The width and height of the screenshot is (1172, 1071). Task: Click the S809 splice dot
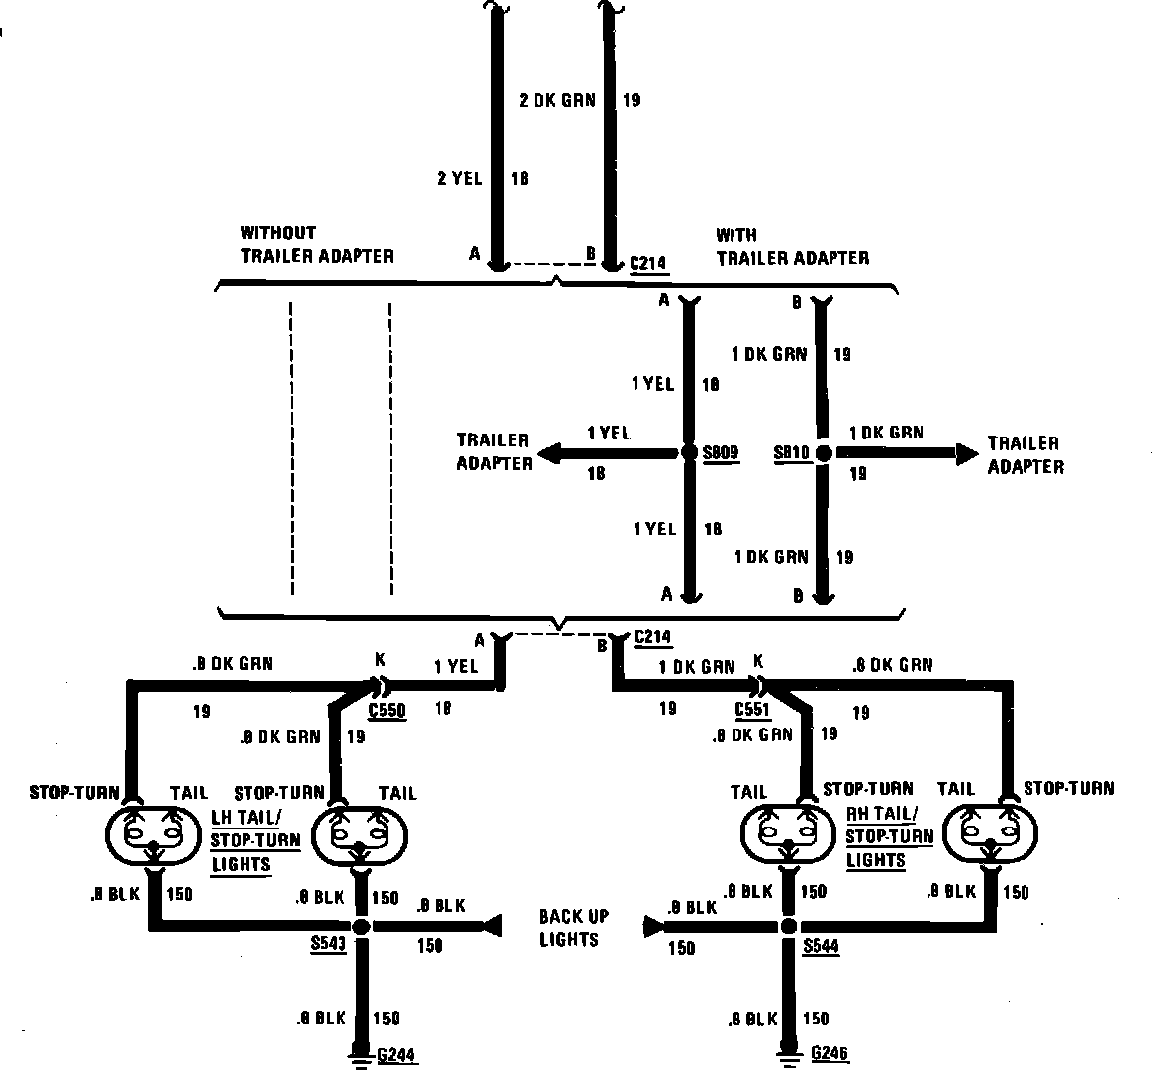tap(688, 453)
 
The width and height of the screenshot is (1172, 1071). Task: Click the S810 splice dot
tap(823, 452)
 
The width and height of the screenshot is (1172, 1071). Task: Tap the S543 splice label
tap(328, 945)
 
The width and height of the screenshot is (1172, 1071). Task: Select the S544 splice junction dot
tap(788, 927)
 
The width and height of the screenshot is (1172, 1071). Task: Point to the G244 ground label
tap(396, 1055)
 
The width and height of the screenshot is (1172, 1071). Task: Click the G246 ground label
tap(830, 1053)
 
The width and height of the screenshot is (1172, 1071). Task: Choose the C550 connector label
tap(386, 710)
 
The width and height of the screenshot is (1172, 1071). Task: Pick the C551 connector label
tap(752, 710)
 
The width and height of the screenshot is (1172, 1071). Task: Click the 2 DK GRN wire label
tap(556, 100)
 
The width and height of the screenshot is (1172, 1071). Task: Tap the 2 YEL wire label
tap(459, 179)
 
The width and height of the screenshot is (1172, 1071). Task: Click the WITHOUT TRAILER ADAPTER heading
tap(316, 244)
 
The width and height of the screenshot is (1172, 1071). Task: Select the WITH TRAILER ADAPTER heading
tap(792, 246)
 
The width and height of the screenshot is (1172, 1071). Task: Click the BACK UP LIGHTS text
tap(574, 927)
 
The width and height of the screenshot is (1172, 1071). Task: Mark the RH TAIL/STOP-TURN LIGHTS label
tap(889, 836)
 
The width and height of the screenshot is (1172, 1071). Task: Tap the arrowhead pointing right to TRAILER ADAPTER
tap(966, 453)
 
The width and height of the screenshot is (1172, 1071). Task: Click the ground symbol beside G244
tap(362, 1056)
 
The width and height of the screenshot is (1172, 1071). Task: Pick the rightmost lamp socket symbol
tap(990, 831)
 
